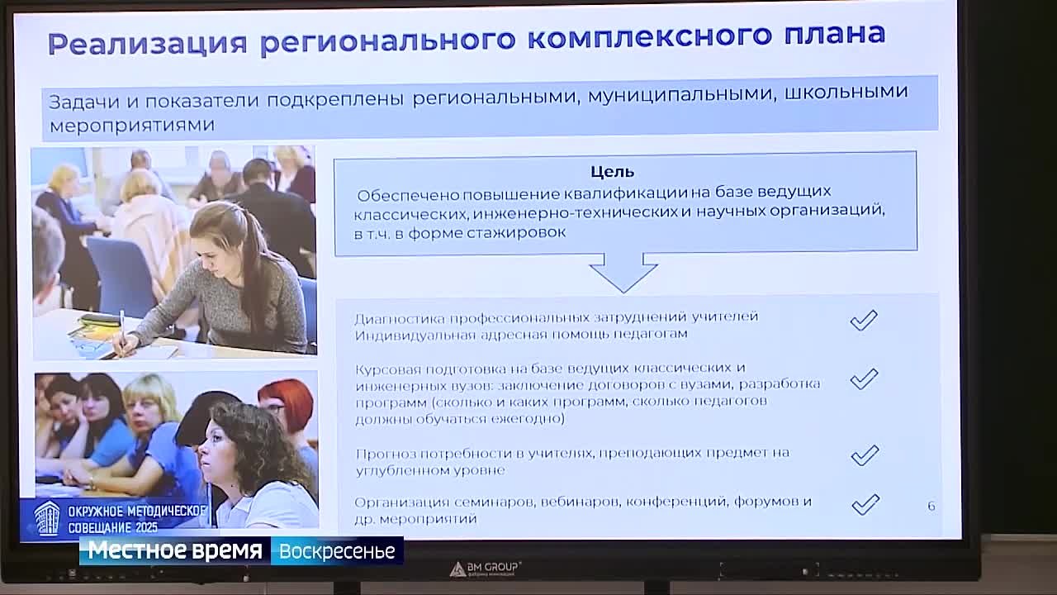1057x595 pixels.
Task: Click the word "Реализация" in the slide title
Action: (148, 44)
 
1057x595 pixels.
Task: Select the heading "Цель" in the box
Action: (613, 171)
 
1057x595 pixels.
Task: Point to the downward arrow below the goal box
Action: (623, 273)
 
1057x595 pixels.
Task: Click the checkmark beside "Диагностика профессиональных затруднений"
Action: (864, 321)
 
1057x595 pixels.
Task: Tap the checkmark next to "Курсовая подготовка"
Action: (864, 378)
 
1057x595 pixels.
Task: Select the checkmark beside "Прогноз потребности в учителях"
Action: (865, 455)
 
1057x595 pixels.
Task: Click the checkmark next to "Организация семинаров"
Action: (866, 504)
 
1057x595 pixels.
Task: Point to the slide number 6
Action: (931, 507)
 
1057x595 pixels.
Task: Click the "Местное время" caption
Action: (175, 550)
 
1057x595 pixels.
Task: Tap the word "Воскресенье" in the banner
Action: (337, 551)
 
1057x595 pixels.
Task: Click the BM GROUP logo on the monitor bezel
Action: (485, 569)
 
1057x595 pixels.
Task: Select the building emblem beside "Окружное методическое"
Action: (47, 518)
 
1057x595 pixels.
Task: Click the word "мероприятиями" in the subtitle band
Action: (132, 126)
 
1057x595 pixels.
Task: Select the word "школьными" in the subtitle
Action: (846, 92)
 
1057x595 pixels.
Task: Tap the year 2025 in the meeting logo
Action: (146, 527)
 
